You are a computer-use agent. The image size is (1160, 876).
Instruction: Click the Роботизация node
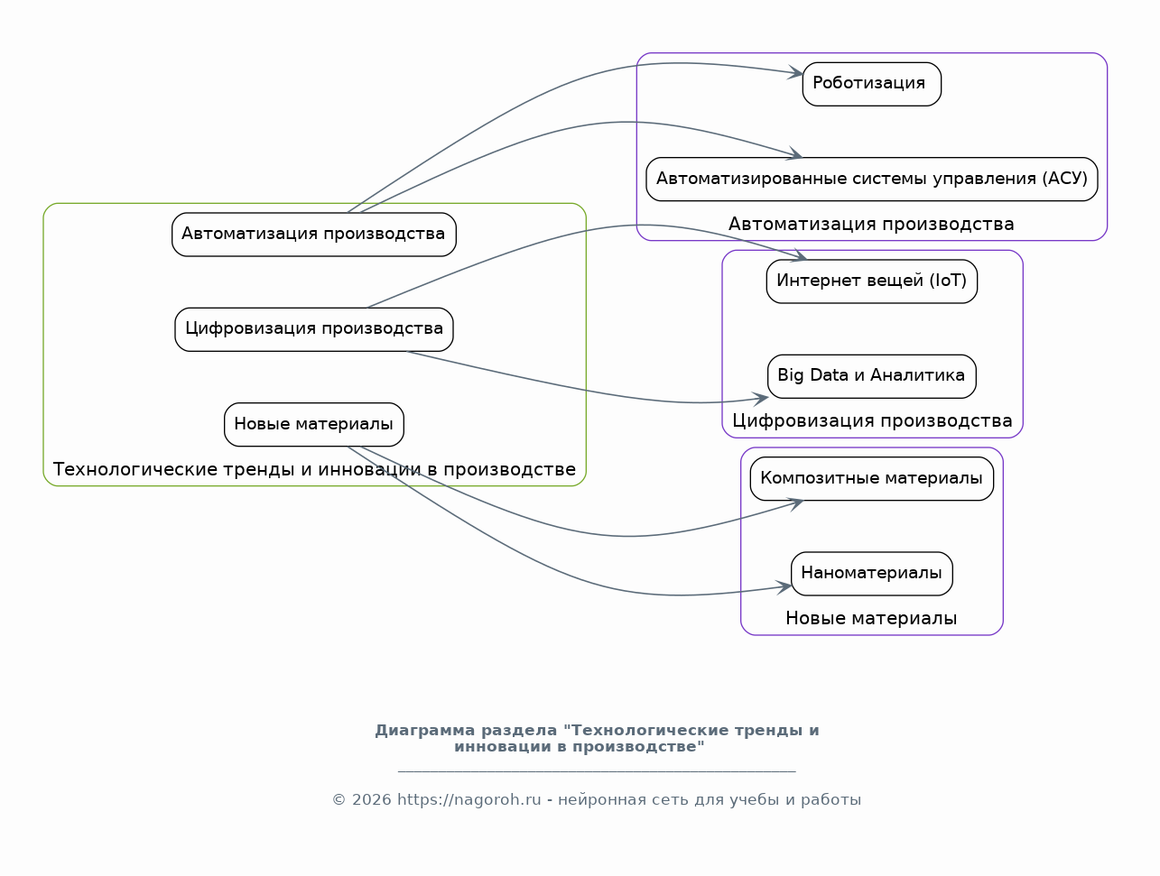click(x=871, y=84)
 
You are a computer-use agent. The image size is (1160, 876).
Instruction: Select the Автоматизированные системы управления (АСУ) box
click(x=871, y=179)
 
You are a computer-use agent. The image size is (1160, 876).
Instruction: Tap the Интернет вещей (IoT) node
click(x=871, y=281)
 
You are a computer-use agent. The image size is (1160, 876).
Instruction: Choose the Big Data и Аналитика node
click(x=871, y=375)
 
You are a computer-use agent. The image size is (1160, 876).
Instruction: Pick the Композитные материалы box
click(x=871, y=478)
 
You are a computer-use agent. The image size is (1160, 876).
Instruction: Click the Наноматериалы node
click(x=871, y=573)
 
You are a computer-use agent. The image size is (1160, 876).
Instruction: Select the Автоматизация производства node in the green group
click(x=313, y=235)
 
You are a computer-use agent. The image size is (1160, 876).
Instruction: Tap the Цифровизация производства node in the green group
click(x=313, y=329)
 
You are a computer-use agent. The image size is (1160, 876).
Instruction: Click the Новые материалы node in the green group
click(x=313, y=424)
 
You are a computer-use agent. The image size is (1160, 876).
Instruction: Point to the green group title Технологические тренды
click(x=314, y=470)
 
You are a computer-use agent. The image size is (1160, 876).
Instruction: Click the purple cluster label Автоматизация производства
click(x=871, y=225)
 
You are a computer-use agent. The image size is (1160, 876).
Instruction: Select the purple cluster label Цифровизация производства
click(x=872, y=421)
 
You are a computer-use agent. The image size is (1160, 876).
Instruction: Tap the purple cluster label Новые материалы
click(x=871, y=619)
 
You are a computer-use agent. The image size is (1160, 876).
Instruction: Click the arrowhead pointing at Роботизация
click(x=796, y=73)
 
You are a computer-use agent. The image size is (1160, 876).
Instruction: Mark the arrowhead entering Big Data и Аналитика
click(x=761, y=397)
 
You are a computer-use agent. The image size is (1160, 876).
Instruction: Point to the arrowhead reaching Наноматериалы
click(x=784, y=588)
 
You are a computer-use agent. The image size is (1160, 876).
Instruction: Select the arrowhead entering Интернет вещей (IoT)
click(x=800, y=257)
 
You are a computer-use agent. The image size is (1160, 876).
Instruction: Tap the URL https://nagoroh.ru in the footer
click(x=469, y=800)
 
